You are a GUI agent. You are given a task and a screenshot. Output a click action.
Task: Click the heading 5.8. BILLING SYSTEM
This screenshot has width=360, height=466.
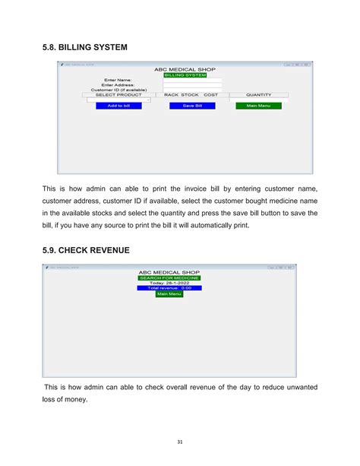[84, 46]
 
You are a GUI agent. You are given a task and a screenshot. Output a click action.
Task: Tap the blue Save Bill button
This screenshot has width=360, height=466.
[192, 106]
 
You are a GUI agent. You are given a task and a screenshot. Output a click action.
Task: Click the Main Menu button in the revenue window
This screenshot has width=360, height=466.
[169, 294]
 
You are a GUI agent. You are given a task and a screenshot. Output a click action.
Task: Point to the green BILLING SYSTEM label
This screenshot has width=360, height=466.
[185, 75]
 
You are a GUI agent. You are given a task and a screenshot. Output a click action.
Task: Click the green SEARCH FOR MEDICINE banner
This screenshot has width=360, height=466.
[169, 277]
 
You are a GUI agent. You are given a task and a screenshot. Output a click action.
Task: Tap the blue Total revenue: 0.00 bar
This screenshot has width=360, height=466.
[169, 288]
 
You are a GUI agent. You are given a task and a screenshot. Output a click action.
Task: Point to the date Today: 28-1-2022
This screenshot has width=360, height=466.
[169, 283]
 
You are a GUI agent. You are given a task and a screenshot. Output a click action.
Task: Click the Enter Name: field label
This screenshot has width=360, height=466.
[119, 79]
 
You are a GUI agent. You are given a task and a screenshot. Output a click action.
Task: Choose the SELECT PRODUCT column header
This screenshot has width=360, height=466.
[118, 95]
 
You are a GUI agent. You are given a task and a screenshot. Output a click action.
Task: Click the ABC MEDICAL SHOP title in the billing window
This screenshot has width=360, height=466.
[185, 70]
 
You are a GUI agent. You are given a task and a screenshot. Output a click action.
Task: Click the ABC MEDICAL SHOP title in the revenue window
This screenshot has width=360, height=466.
[169, 271]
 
